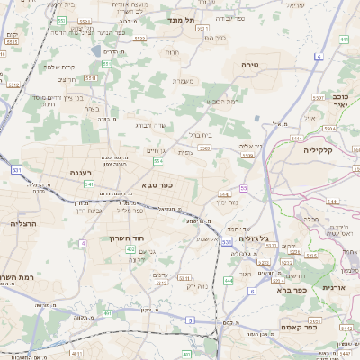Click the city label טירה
(250, 66)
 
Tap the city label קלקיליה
(319, 150)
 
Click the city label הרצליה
(22, 222)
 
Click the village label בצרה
(89, 108)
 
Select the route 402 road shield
(130, 249)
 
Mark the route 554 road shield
(157, 161)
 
